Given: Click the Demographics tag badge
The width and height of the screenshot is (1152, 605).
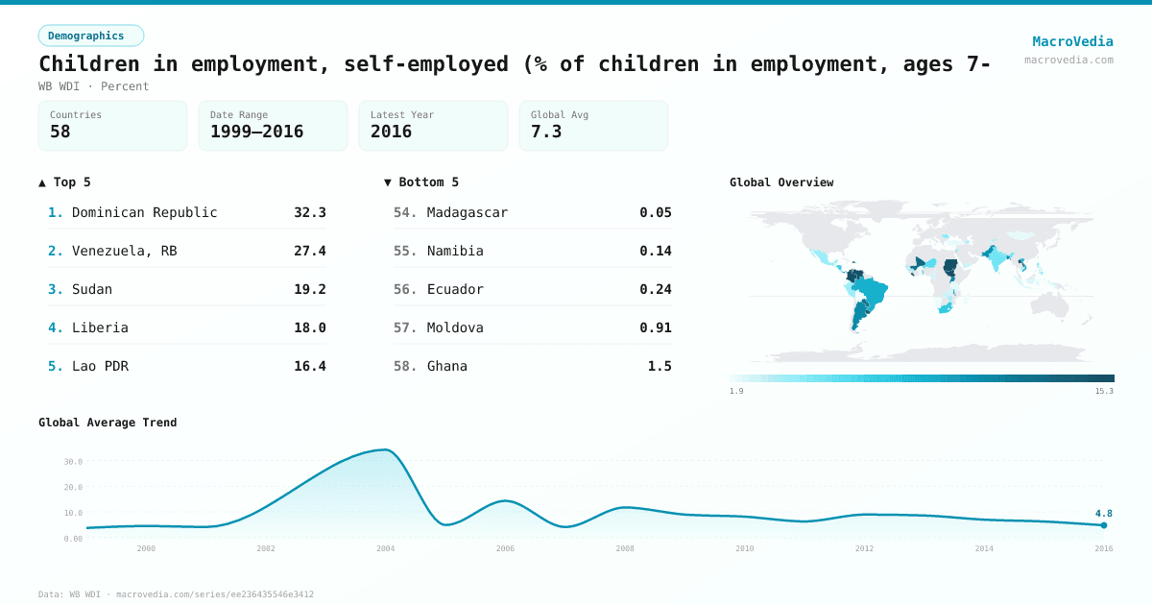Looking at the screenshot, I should pyautogui.click(x=90, y=36).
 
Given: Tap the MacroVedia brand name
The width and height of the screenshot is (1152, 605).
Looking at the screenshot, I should pyautogui.click(x=1072, y=41).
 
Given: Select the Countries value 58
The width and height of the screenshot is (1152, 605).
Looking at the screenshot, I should pyautogui.click(x=60, y=132).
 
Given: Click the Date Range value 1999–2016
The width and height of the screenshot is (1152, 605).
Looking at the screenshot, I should pyautogui.click(x=256, y=132).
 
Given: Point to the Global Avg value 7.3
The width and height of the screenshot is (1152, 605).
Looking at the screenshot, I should pyautogui.click(x=546, y=132).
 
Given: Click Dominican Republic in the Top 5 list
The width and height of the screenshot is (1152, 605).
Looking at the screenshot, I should pyautogui.click(x=144, y=212).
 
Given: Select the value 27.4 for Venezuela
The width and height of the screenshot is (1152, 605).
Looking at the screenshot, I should pyautogui.click(x=309, y=251).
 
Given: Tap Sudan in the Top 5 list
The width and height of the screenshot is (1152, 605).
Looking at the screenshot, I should pyautogui.click(x=92, y=289).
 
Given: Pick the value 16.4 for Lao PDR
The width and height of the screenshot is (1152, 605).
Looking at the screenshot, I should pyautogui.click(x=309, y=366).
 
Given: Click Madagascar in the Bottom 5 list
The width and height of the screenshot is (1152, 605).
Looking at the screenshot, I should pyautogui.click(x=467, y=212).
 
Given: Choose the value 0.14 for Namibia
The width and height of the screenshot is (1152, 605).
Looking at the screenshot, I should pyautogui.click(x=656, y=251).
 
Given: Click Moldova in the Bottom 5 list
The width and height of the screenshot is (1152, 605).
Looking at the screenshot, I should pyautogui.click(x=455, y=327).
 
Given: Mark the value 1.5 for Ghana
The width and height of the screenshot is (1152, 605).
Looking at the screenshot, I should pyautogui.click(x=660, y=366).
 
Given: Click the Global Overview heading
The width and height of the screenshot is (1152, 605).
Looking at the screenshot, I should pyautogui.click(x=781, y=182).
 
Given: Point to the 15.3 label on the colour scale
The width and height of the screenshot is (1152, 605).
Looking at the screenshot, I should pyautogui.click(x=1104, y=391).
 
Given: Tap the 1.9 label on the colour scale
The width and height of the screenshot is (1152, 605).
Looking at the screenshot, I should pyautogui.click(x=736, y=391).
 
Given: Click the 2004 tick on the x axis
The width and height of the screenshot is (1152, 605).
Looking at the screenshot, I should pyautogui.click(x=385, y=548).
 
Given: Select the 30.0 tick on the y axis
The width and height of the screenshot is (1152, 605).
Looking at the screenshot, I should pyautogui.click(x=73, y=462).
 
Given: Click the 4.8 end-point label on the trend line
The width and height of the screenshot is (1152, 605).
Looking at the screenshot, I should pyautogui.click(x=1103, y=514).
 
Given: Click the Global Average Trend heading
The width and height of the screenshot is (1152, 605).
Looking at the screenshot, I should pyautogui.click(x=108, y=423).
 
